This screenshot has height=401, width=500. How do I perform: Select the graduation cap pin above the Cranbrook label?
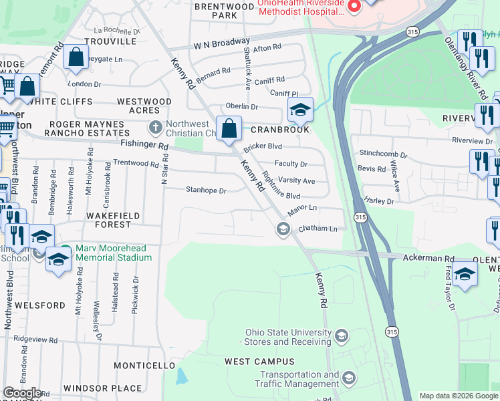coord(300,110)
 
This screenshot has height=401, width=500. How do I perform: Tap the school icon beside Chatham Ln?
coord(283,230)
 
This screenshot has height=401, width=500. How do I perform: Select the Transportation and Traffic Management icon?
coord(348,380)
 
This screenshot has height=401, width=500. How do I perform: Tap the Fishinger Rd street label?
coord(144,144)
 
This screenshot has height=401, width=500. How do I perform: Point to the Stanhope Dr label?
coord(206,190)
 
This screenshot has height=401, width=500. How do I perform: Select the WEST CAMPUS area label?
coord(251,362)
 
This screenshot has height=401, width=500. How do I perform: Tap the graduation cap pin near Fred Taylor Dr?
coord(465,274)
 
